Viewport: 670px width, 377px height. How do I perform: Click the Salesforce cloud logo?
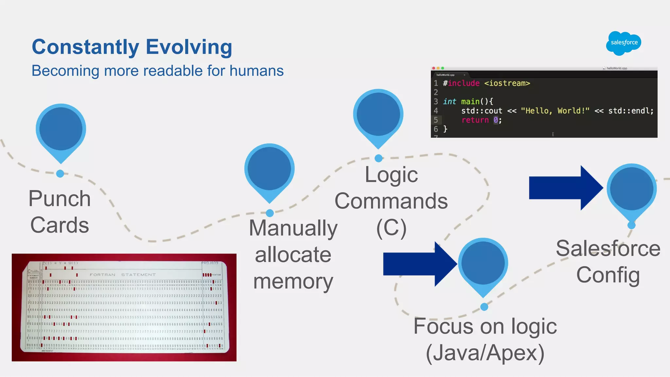pos(624,43)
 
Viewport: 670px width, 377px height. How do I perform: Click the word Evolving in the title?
pos(189,47)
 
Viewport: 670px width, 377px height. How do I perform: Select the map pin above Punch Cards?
pos(61,130)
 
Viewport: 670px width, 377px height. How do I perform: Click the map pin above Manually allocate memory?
pos(269,169)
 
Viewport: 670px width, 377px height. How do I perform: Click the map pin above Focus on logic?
pos(483,264)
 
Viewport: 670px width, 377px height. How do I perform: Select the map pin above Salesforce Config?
pos(631,190)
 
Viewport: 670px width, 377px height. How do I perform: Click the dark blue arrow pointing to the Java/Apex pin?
pos(418,264)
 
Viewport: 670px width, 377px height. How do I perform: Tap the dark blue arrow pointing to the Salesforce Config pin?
pos(564,188)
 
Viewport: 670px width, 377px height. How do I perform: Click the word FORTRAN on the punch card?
pos(102,275)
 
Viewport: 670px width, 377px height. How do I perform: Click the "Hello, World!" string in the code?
pos(555,111)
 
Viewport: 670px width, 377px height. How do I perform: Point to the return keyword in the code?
pos(475,120)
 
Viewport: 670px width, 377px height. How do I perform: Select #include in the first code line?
pos(461,83)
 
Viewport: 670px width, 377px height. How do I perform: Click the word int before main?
pos(450,102)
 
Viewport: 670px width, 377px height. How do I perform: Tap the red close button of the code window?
pos(433,68)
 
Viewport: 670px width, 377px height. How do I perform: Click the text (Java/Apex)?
pos(485,353)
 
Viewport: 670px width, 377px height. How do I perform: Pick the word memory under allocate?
pos(293,282)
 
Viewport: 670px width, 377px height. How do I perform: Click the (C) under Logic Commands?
pos(391,228)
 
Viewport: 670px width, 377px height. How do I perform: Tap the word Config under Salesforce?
pos(608,275)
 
